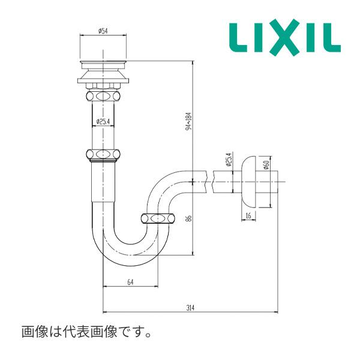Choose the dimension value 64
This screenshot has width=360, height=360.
coord(130,282)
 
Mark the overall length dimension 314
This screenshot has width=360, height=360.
coord(191,307)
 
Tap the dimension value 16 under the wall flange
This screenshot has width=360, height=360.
coord(248,216)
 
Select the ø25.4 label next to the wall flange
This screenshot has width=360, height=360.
coord(228,160)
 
